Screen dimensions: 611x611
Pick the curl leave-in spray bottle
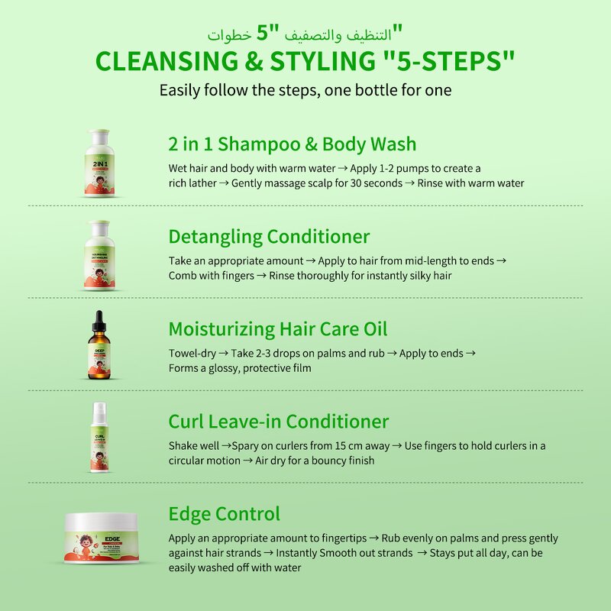[98, 438]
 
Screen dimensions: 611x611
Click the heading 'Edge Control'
[224, 514]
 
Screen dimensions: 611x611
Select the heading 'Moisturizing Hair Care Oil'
[278, 329]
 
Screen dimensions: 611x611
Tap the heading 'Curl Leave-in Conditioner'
[278, 422]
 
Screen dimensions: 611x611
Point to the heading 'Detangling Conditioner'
[269, 237]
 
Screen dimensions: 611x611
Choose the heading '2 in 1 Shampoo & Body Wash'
[293, 144]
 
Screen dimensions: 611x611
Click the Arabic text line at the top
[305, 34]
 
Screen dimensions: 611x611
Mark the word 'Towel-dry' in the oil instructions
[192, 353]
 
